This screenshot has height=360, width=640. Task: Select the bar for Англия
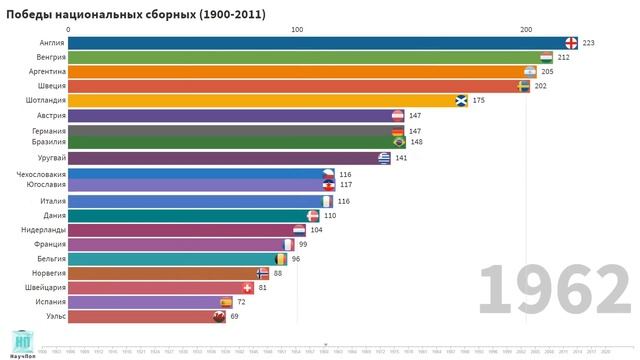point(315,43)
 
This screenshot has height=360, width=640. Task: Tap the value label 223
point(588,43)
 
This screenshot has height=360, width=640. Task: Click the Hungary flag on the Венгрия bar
point(546,58)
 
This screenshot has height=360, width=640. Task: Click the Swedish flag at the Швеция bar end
point(524,87)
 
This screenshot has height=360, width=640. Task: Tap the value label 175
point(479,101)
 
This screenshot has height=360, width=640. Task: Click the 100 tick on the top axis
point(297,29)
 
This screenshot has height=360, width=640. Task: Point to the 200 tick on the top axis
point(526,29)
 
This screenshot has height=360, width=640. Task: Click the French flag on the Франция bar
point(288,244)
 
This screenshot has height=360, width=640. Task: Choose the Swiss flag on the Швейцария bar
point(247,288)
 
